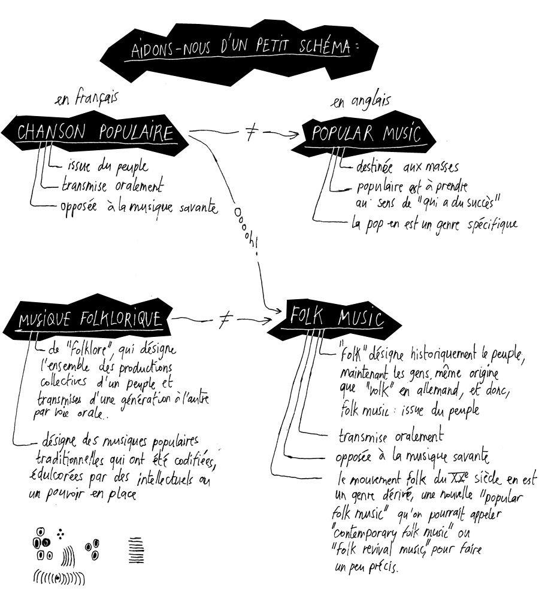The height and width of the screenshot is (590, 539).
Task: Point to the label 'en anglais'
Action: coord(360,101)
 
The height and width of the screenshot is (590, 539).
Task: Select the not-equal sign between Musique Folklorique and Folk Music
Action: coord(225,320)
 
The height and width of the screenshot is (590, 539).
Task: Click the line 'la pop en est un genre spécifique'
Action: coord(434,224)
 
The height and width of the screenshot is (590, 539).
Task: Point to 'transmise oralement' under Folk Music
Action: coord(391,436)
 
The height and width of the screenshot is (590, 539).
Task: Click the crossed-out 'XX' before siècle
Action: coord(459,478)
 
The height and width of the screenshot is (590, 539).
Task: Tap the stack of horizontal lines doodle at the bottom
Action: coord(136,550)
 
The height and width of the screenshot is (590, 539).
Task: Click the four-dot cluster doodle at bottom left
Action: coord(60,534)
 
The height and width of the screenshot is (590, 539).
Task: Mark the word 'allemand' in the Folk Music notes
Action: coord(438,390)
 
